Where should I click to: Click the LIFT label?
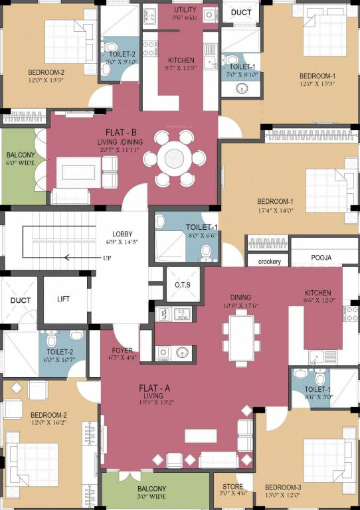pos(64,299)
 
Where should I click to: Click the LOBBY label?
pos(122,234)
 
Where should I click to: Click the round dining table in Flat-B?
pos(176,158)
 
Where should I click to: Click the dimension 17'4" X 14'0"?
pos(275,210)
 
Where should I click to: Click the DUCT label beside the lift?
pos(20,300)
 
